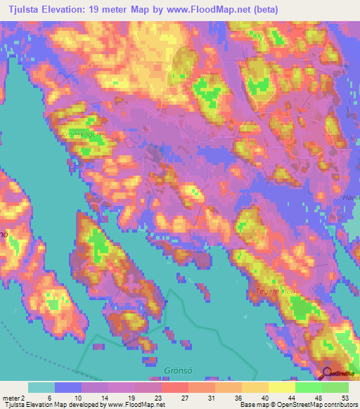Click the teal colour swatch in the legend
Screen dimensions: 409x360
[x=41, y=387]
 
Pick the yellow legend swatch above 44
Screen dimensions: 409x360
[x=282, y=387]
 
